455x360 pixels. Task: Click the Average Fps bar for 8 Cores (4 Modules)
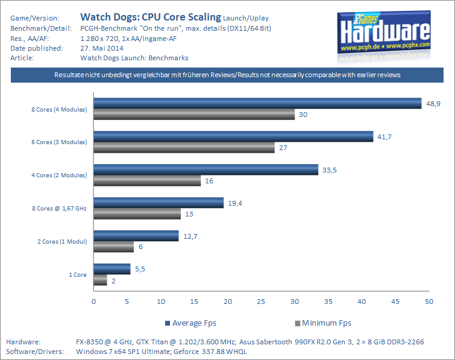tap(257, 104)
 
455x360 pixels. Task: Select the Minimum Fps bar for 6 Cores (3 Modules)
tap(184, 148)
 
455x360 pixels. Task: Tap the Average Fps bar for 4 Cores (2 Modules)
tap(206, 170)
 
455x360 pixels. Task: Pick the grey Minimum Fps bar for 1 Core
tap(100, 280)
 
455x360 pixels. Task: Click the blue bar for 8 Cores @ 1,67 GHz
tap(158, 203)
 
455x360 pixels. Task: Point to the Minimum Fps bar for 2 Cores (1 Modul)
tap(113, 247)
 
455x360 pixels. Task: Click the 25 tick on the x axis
tap(261, 301)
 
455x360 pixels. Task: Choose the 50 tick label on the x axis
tap(428, 301)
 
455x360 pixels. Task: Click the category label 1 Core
tap(77, 274)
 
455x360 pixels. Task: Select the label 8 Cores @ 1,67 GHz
tap(59, 208)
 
